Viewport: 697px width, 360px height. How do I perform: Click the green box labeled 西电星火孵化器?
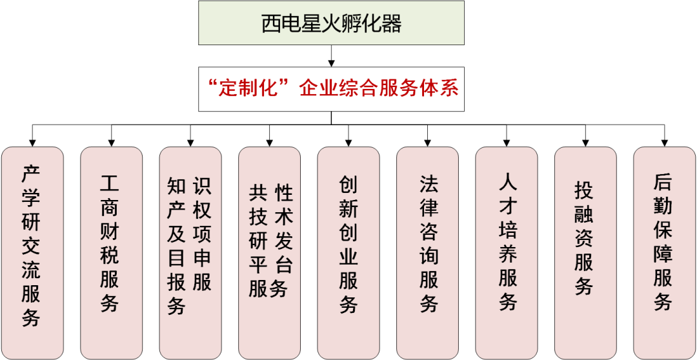point(331,23)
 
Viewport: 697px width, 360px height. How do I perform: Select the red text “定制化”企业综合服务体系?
point(331,88)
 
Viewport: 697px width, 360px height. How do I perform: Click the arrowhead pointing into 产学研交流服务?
point(32,141)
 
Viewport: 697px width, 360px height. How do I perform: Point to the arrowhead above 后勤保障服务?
point(664,141)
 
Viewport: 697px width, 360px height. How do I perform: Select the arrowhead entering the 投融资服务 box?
point(585,141)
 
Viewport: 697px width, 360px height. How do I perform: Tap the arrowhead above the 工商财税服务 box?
point(111,141)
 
